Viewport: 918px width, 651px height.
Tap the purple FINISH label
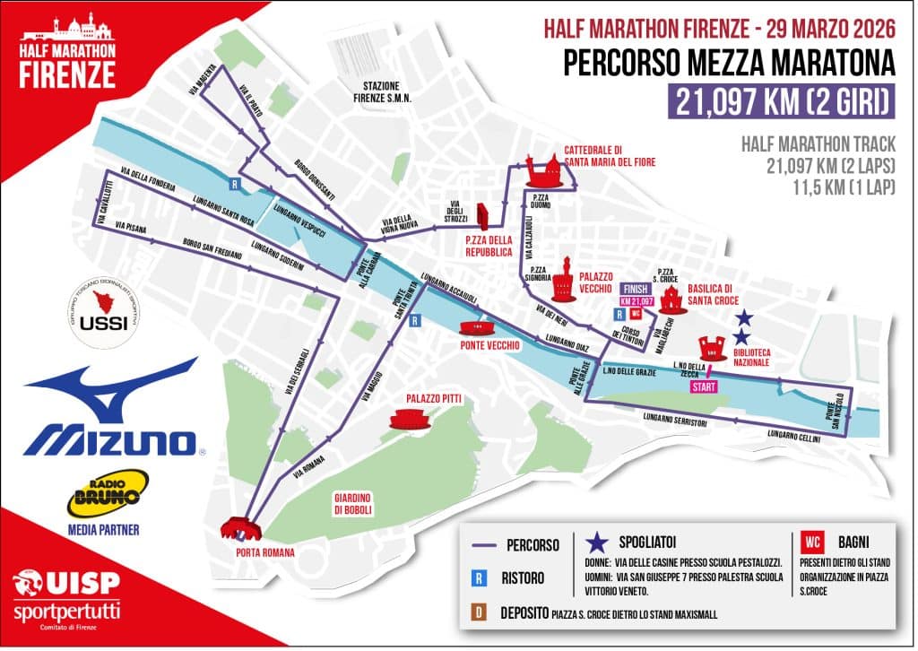pyautogui.click(x=631, y=289)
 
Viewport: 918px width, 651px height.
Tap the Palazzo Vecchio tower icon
pyautogui.click(x=566, y=280)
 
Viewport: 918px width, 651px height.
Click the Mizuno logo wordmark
pyautogui.click(x=110, y=440)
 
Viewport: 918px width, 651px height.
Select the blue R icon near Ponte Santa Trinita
pyautogui.click(x=415, y=320)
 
